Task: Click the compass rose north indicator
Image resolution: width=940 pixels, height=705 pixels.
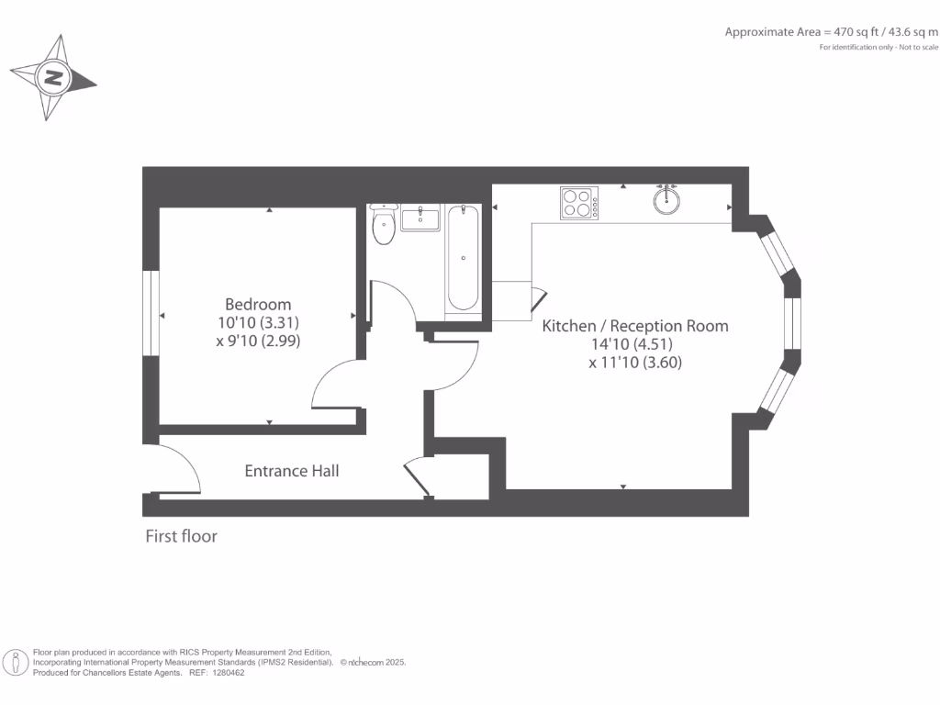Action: point(53,78)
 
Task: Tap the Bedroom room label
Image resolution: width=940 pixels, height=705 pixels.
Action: point(258,304)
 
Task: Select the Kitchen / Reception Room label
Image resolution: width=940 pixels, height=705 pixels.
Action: point(635,326)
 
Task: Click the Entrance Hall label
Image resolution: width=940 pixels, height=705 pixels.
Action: point(291,471)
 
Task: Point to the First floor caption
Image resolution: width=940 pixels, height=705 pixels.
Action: point(181,536)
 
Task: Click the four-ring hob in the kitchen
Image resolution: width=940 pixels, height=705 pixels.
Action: point(578,203)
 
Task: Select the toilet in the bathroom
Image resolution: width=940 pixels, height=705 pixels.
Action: point(384,226)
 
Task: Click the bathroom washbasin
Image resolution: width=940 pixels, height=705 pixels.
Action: point(420,219)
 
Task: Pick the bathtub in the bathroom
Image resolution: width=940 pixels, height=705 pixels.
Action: point(462,258)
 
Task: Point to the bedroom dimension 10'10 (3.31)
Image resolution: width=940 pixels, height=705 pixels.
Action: point(258,322)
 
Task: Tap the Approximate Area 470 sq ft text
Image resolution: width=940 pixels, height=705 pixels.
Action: point(831,32)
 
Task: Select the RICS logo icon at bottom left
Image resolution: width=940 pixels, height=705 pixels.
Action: point(16,662)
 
